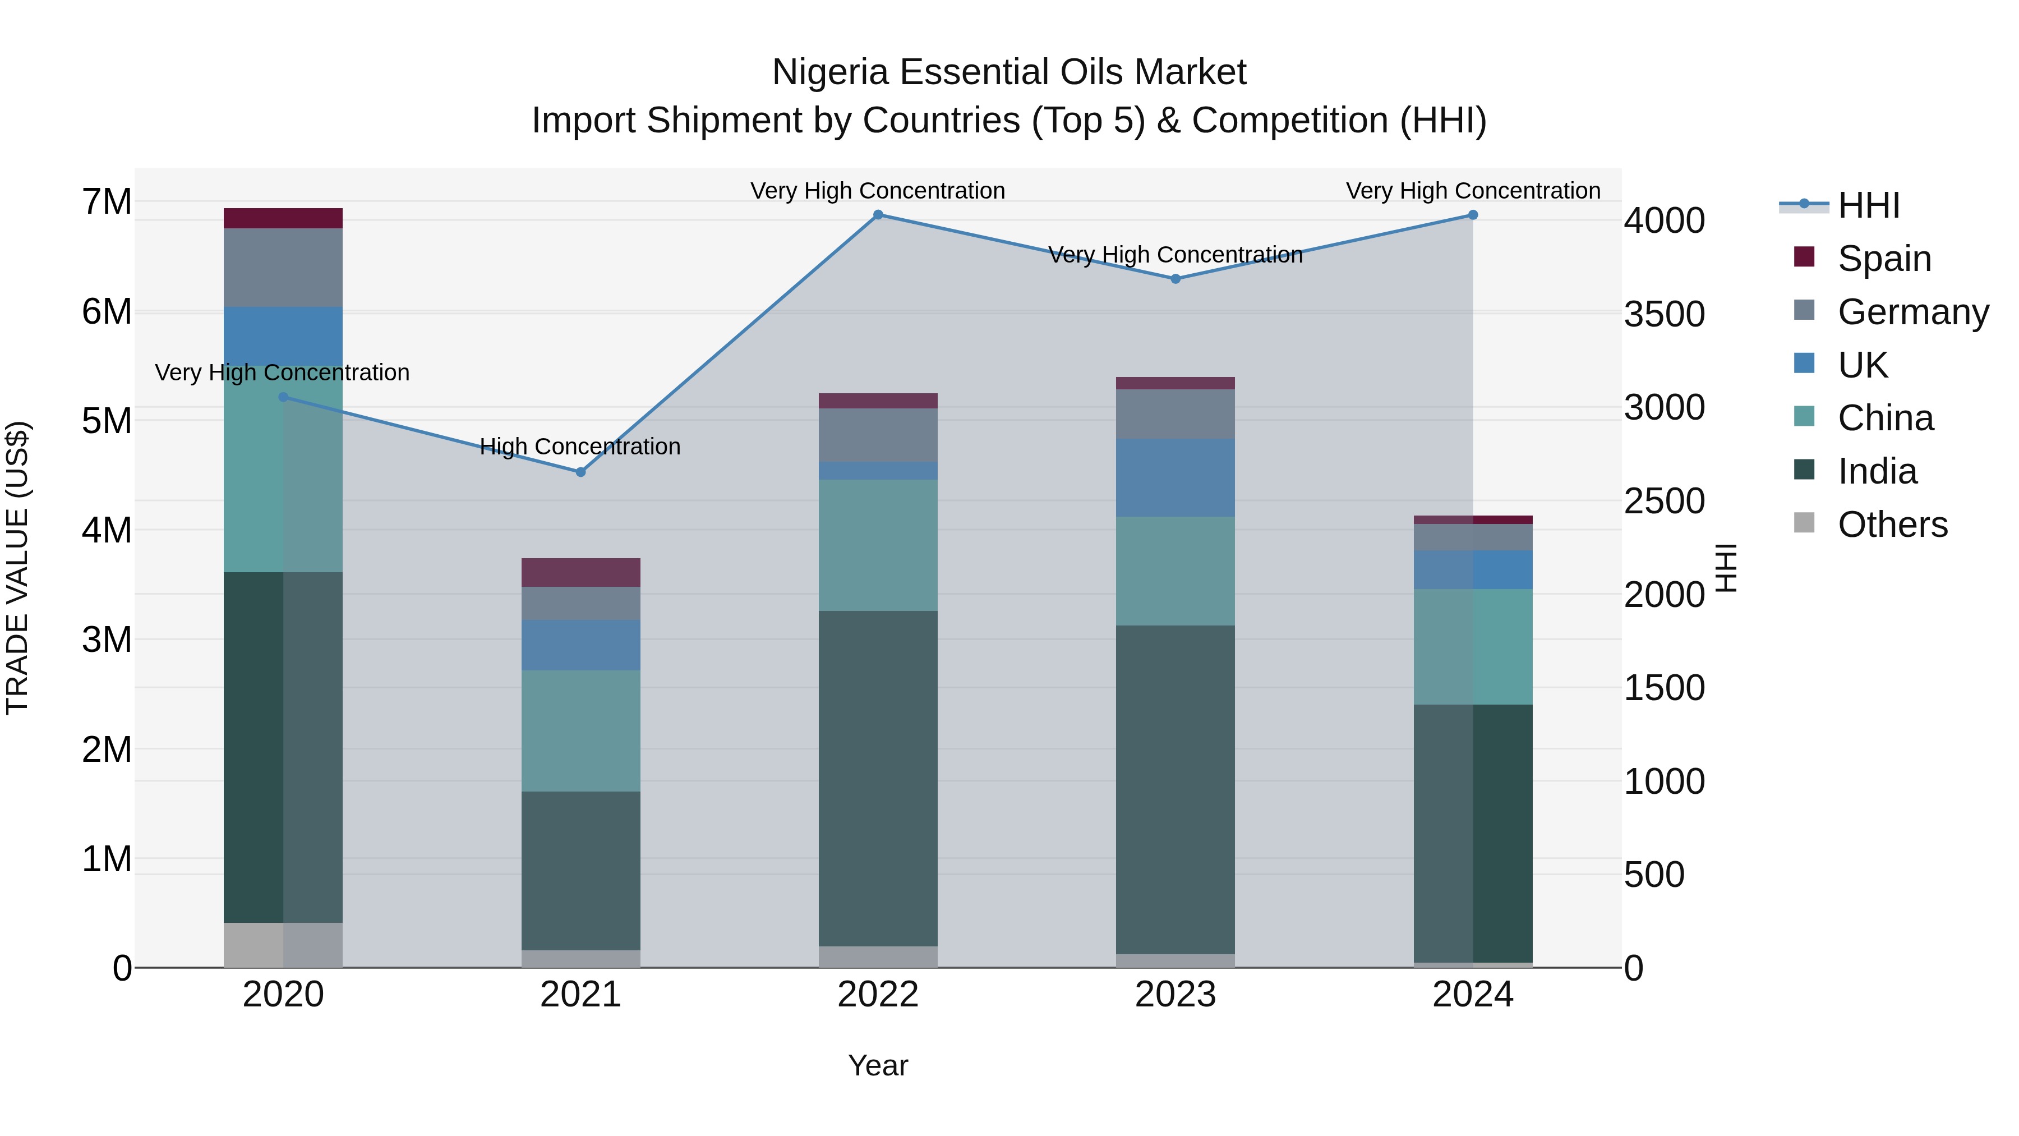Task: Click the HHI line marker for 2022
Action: point(878,215)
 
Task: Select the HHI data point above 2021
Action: point(581,472)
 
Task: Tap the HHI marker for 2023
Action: point(1175,279)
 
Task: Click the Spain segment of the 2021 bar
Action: point(581,572)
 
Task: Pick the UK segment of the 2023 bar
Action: point(1175,477)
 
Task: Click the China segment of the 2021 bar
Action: point(581,730)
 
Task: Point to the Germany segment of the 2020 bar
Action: point(283,268)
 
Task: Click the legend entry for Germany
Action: point(1912,312)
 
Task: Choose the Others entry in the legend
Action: point(1892,525)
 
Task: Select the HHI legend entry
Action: point(1869,205)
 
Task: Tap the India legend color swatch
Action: point(1804,471)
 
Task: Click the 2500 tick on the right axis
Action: point(1664,502)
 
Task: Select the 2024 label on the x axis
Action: point(1472,995)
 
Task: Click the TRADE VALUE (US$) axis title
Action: point(17,568)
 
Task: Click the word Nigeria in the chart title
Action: point(830,73)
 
